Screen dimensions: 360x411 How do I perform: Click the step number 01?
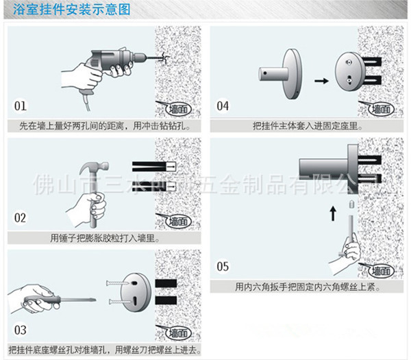[21, 106]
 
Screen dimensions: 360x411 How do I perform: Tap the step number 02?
[21, 218]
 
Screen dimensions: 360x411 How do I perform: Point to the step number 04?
[223, 106]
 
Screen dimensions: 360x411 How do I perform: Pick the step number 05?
[223, 266]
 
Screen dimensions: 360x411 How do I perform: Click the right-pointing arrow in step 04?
[319, 80]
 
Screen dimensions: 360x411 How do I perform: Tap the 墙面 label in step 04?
[380, 108]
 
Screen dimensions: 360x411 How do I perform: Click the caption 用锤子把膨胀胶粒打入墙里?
[105, 238]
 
